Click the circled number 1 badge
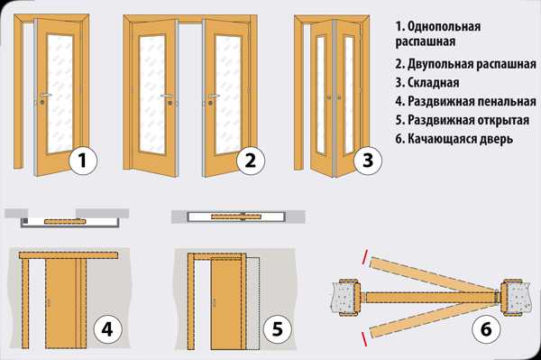point(83,161)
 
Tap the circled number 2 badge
point(251,161)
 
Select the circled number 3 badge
point(368,161)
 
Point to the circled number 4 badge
point(107,329)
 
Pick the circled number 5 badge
point(278,329)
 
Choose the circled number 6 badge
point(486,329)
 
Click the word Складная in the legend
point(434,83)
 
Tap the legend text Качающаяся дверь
point(460,139)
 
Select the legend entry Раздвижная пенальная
point(472,101)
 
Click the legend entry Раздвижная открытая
point(468,120)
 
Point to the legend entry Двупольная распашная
point(472,64)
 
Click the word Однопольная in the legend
point(444,26)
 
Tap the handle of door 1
point(45,95)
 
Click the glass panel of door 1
point(60,93)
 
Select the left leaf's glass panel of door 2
point(152,94)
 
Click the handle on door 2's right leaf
point(214,96)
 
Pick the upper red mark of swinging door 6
point(364,257)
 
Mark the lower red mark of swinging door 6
point(364,339)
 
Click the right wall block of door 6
point(515,297)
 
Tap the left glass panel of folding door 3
point(321,94)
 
